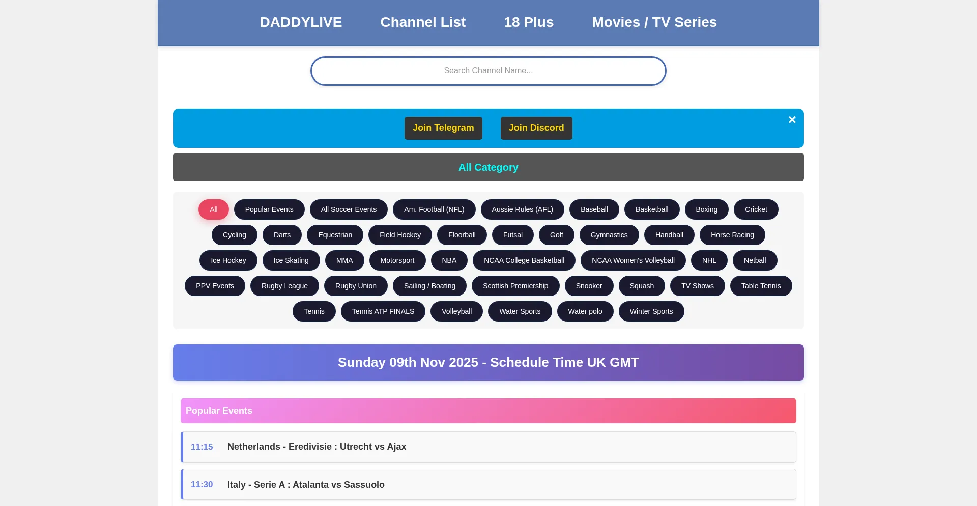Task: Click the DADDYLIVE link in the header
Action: click(301, 22)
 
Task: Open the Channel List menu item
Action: click(423, 22)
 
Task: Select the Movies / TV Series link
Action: click(654, 22)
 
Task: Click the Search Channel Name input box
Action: click(488, 71)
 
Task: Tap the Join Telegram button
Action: click(443, 128)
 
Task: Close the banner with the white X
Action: click(792, 120)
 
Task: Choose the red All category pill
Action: click(214, 209)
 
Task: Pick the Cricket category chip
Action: click(756, 209)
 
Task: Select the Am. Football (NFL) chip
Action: click(434, 209)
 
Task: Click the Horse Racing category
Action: click(732, 235)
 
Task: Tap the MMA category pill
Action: click(344, 260)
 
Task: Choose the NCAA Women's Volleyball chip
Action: click(633, 260)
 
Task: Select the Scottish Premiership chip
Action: click(515, 286)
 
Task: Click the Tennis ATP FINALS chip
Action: click(383, 311)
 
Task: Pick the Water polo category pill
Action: click(585, 311)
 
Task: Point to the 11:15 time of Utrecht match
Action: click(202, 447)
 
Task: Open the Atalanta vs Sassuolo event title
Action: click(306, 485)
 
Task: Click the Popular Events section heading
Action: click(219, 411)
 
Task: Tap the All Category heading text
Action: click(488, 167)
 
